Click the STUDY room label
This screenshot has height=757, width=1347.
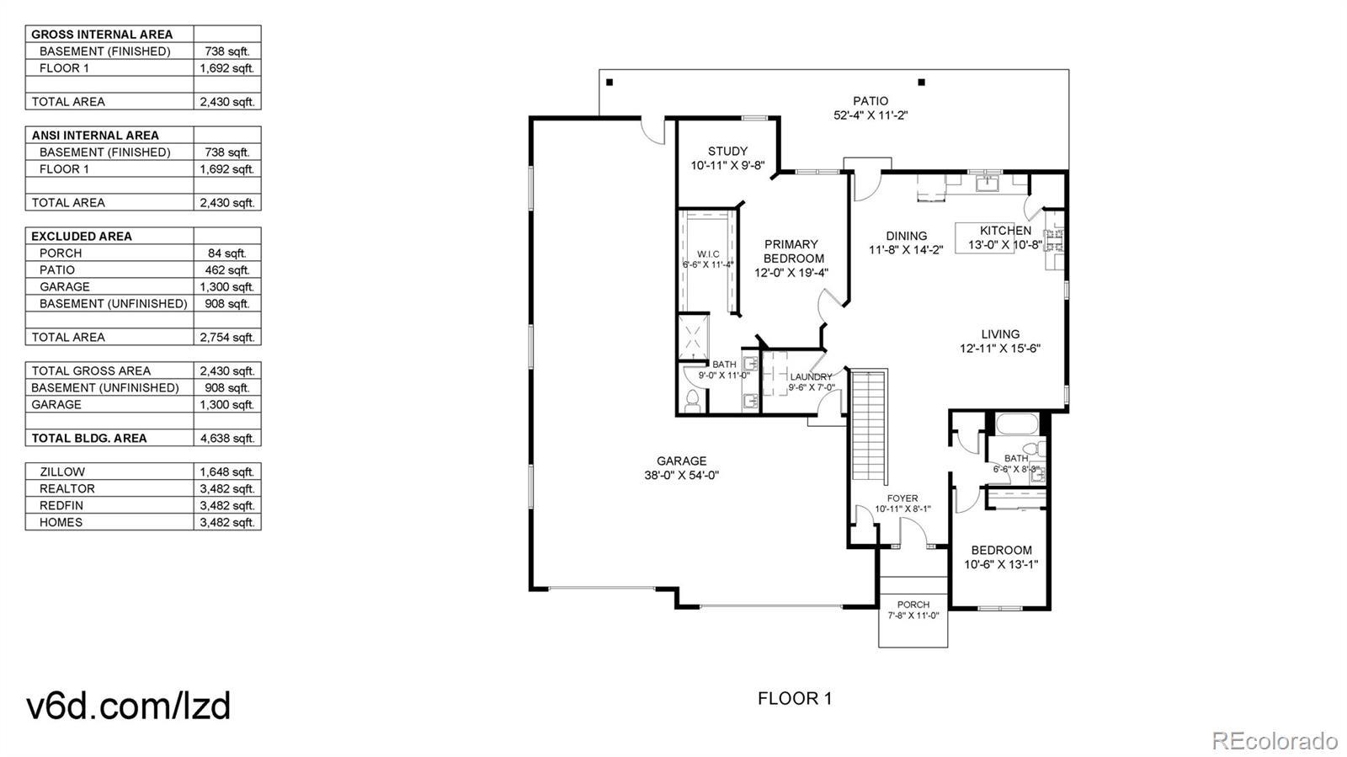tap(727, 151)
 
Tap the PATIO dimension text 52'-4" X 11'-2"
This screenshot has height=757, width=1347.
tap(870, 115)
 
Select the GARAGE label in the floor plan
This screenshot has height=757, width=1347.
tap(681, 461)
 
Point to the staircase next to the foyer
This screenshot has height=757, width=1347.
tap(870, 427)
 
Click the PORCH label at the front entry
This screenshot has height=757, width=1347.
tap(913, 605)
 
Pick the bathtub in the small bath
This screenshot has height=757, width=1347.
tap(1017, 424)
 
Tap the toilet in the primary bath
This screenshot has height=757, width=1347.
tap(693, 401)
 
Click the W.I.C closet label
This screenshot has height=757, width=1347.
tap(708, 253)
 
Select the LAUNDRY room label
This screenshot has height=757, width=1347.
tap(812, 377)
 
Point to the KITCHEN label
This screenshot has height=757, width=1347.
tap(1005, 230)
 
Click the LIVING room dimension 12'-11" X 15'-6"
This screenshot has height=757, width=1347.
tap(1000, 348)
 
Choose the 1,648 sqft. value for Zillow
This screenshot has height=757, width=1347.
tap(227, 472)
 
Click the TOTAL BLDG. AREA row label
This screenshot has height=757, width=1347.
tap(89, 439)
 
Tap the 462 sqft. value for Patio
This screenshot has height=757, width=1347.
tap(227, 270)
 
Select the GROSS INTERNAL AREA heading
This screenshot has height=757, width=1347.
tap(102, 35)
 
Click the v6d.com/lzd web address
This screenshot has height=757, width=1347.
tap(129, 706)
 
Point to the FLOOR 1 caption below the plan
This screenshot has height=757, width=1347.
tap(795, 699)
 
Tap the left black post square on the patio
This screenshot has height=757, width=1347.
tap(610, 83)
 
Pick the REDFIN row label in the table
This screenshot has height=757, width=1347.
tap(61, 506)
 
